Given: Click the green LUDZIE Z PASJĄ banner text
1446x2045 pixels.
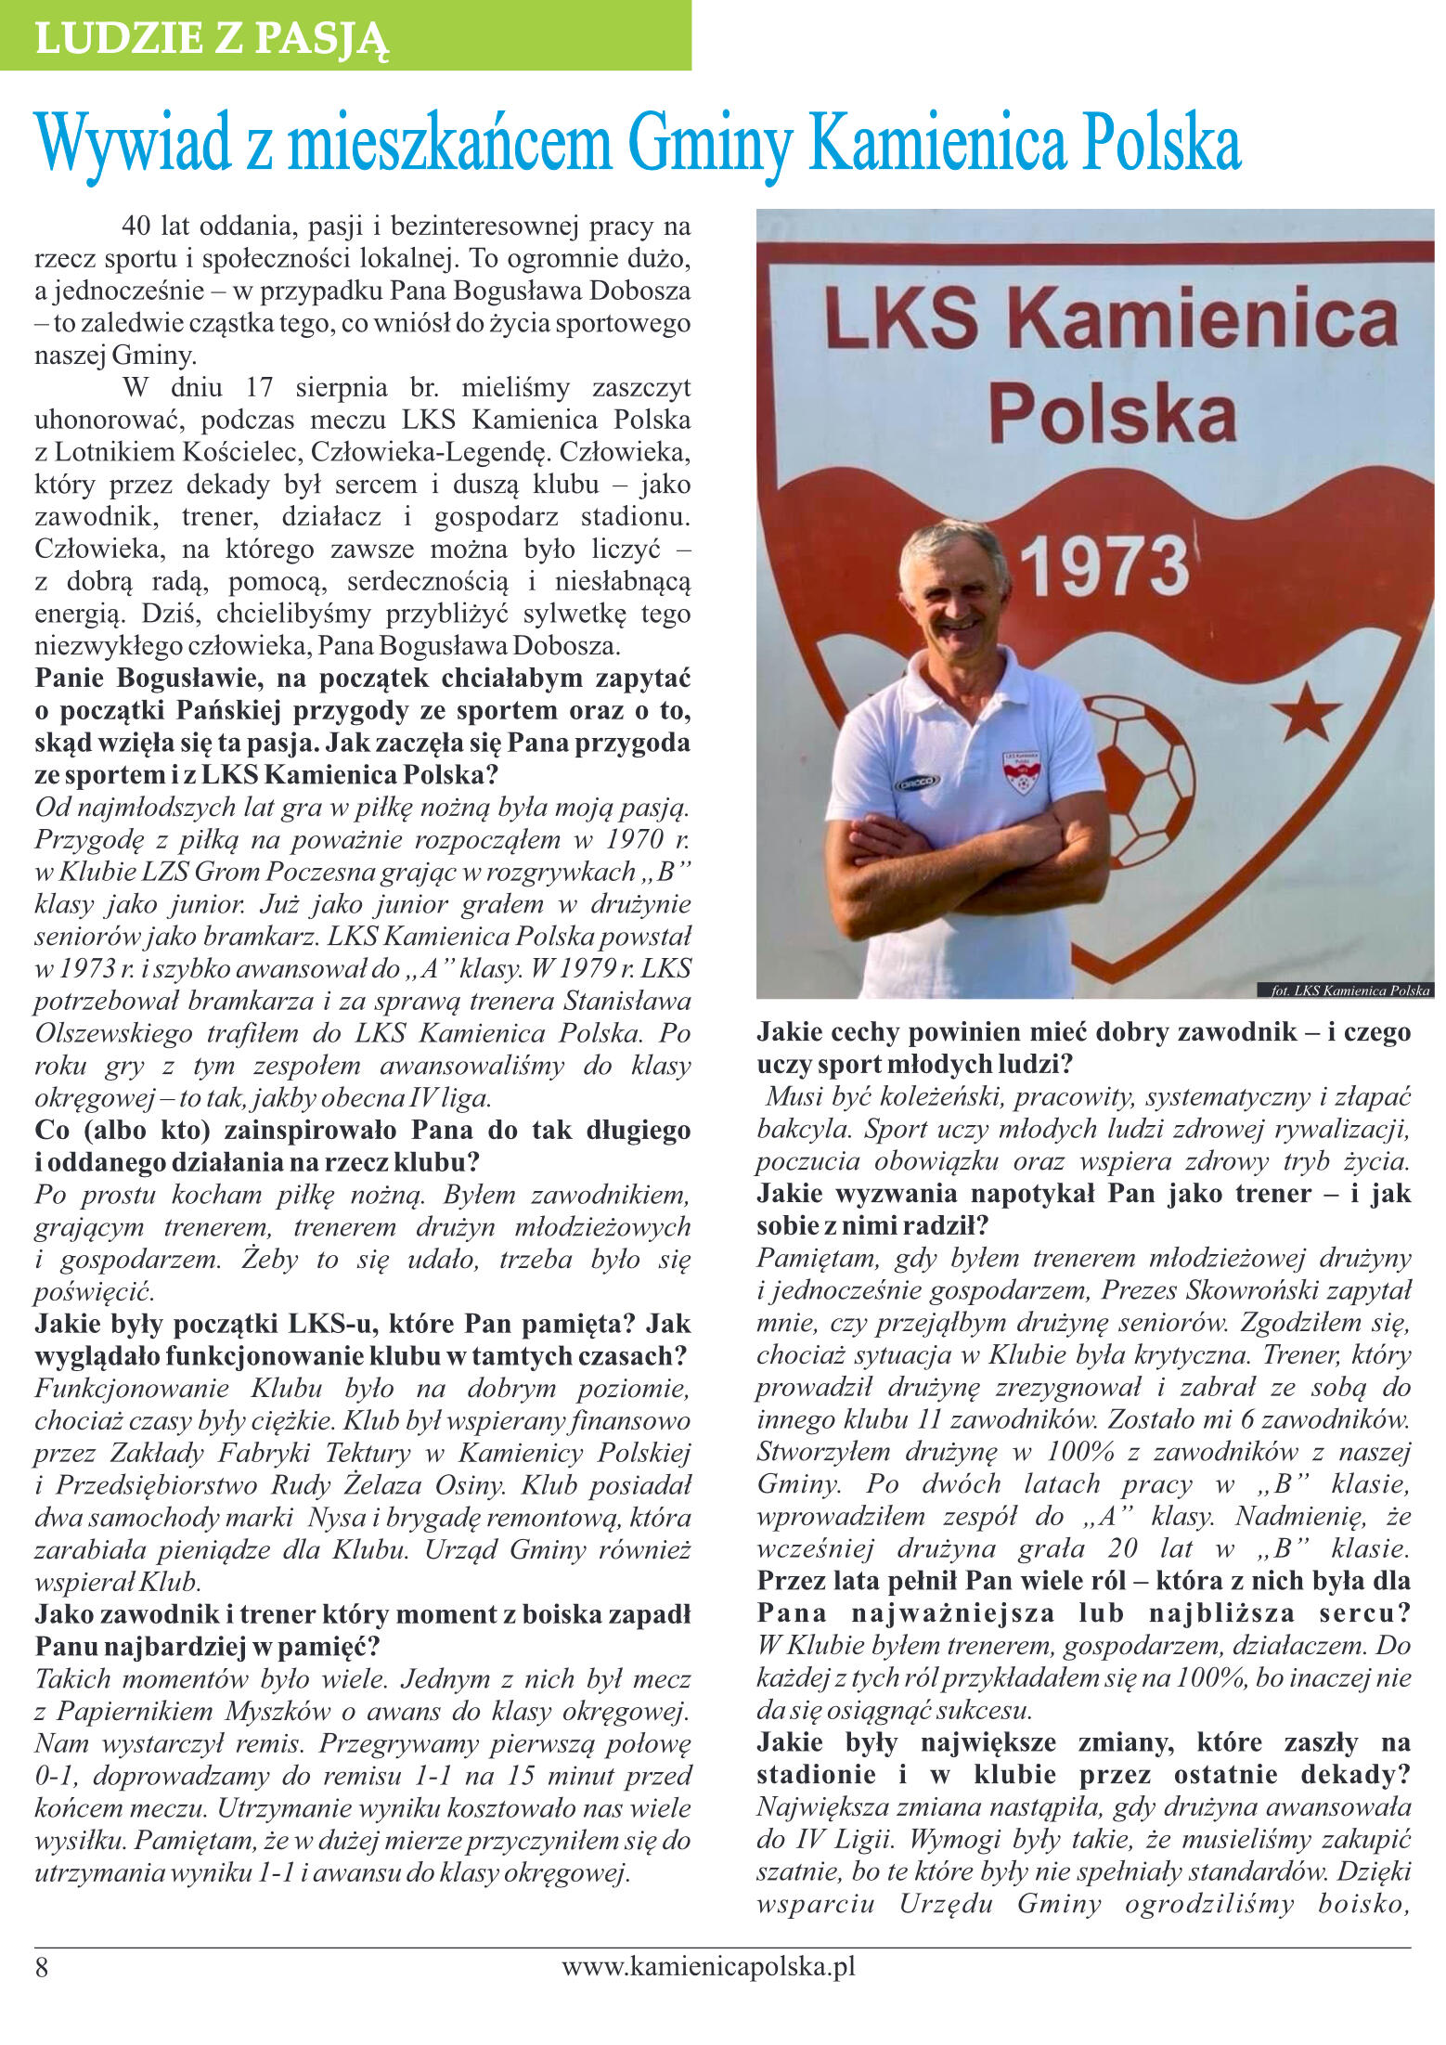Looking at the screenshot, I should [x=212, y=38].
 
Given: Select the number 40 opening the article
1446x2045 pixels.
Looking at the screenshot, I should [x=136, y=227].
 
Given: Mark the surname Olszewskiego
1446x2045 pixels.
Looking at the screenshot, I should [x=114, y=1034].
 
